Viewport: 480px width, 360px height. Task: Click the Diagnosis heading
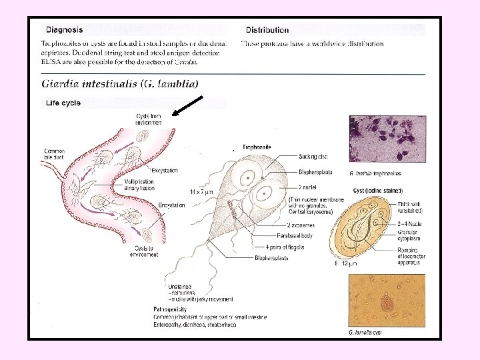point(65,29)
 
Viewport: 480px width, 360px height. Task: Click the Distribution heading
point(267,30)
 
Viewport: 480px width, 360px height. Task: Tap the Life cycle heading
point(63,103)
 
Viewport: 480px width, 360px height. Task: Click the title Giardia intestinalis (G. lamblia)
point(121,84)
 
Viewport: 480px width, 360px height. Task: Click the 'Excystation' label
point(165,171)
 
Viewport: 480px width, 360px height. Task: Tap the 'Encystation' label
point(171,205)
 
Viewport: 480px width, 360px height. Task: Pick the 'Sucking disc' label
point(314,157)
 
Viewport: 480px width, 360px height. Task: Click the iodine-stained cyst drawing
point(366,230)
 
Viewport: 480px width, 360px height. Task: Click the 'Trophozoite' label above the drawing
point(256,147)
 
